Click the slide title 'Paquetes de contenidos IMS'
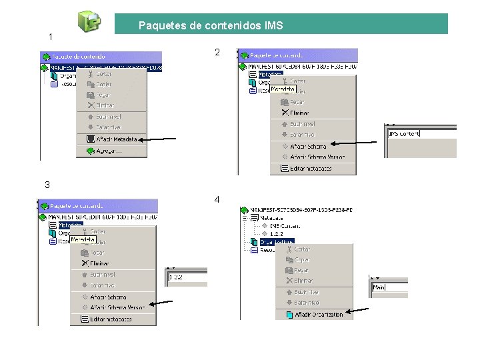[211, 26]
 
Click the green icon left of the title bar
[89, 21]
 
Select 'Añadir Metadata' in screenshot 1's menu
[111, 139]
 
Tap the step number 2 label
[217, 52]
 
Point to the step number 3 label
[47, 185]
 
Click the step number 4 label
[217, 199]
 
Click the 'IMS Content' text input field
[421, 134]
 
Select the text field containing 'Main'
[389, 287]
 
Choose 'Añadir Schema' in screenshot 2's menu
[307, 146]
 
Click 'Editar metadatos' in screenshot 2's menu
[311, 169]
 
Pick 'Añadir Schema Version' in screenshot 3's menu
[117, 307]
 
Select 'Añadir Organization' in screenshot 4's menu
[318, 315]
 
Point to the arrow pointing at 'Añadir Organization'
[367, 311]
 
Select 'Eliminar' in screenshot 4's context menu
[303, 281]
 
